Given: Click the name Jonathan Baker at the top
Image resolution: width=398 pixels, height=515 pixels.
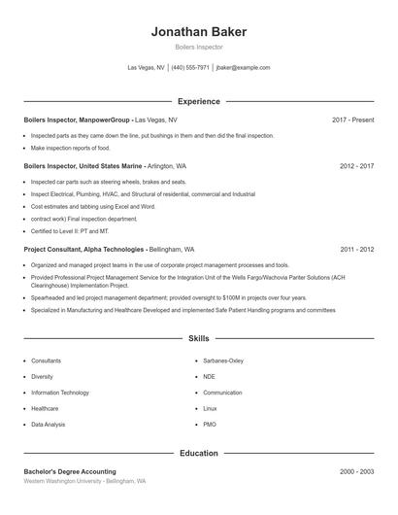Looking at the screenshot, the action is (x=198, y=31).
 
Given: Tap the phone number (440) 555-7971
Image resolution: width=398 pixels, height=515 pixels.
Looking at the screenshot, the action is (x=190, y=68).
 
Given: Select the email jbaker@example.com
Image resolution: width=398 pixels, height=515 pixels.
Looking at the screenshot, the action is (x=243, y=68).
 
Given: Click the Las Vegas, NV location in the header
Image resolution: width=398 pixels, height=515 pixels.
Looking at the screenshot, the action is (x=147, y=68).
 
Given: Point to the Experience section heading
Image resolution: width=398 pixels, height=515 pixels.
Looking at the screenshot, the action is (x=198, y=101).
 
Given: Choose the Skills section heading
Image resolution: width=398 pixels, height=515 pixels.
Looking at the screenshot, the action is (x=198, y=339).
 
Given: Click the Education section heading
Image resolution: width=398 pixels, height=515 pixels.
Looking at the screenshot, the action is (x=198, y=453).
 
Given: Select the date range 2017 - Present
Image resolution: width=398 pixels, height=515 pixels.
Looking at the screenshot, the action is (x=352, y=120).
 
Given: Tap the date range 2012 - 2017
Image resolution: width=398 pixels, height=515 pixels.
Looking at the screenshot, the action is (x=356, y=166).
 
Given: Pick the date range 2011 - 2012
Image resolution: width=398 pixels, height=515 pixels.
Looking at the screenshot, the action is (x=356, y=249).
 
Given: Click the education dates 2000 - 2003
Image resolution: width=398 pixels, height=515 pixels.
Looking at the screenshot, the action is (x=356, y=471).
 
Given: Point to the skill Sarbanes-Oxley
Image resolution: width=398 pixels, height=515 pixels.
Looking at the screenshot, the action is (x=223, y=360).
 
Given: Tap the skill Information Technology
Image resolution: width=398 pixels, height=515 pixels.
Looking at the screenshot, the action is (x=60, y=393).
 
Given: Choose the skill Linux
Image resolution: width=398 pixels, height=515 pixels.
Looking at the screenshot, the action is (x=210, y=409).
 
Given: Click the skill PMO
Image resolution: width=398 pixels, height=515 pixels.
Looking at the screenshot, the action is (x=210, y=425).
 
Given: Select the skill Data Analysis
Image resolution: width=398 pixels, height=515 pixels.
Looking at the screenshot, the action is (x=49, y=425).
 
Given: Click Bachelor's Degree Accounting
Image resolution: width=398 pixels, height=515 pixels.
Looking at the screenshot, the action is (x=70, y=471).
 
